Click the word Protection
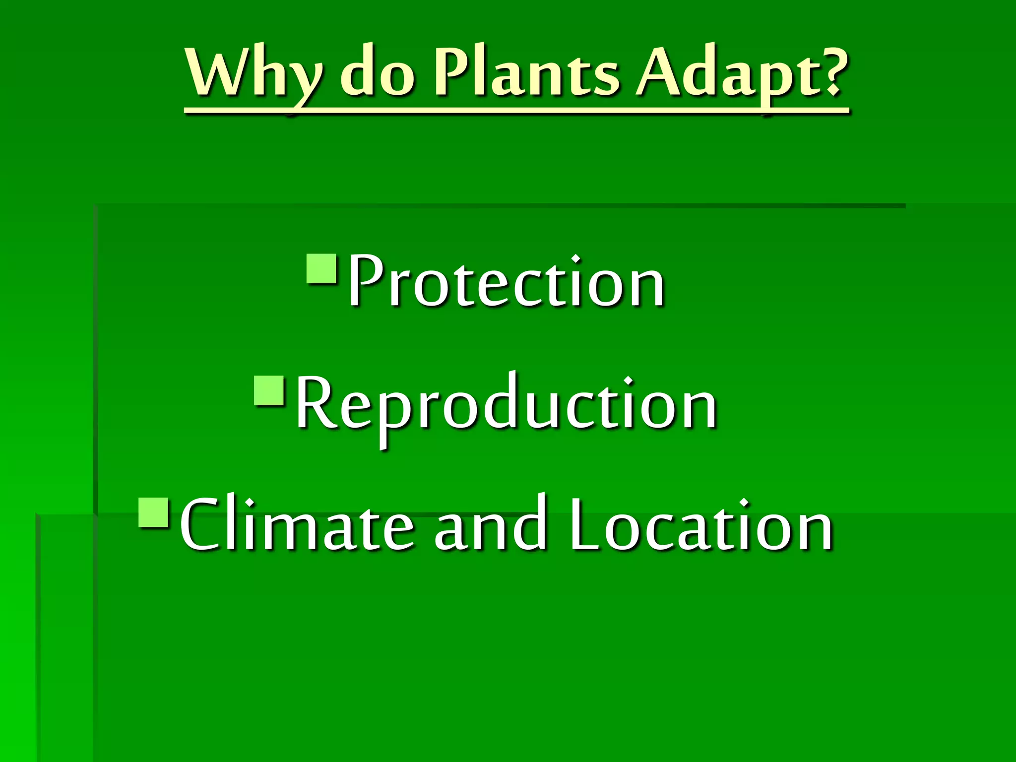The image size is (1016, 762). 506,281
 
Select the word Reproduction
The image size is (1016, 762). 506,404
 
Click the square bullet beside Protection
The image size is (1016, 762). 321,268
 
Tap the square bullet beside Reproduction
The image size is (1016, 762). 268,390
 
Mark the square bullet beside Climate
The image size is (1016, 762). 154,512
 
